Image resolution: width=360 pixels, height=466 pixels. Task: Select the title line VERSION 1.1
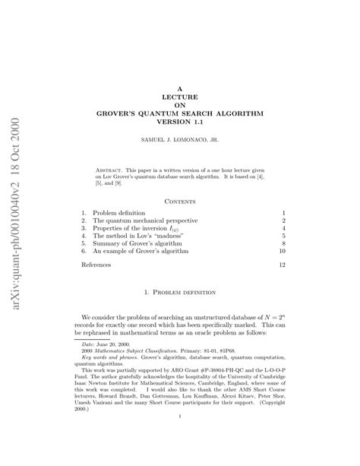click(x=179, y=121)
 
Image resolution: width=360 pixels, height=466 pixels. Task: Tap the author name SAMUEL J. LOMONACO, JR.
click(x=179, y=141)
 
